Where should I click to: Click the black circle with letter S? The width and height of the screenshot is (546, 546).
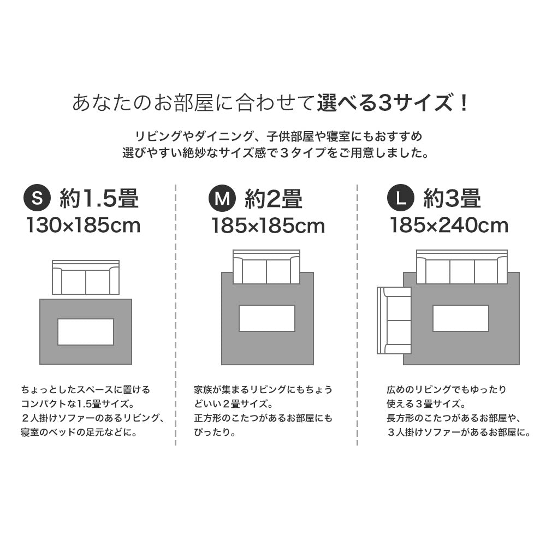37,198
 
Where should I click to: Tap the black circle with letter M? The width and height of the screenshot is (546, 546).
222,198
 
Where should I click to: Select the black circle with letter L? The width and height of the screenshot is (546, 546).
400,198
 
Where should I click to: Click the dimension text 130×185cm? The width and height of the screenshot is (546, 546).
84,225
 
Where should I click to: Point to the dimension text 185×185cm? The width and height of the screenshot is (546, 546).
268,225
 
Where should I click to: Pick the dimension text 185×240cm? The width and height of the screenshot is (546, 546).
449,225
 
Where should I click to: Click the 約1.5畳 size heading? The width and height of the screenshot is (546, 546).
99,198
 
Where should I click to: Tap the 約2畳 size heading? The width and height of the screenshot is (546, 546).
274,198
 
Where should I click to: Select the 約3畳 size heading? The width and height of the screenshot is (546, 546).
452,198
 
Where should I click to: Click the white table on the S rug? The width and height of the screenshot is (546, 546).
86,332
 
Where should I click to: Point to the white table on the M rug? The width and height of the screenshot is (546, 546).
267,318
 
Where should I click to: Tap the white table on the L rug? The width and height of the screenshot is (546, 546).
461,318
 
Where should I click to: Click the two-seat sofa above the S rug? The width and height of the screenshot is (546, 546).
86,277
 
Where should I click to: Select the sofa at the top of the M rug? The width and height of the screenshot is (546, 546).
266,267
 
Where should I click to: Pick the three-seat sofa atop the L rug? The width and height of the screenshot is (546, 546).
462,267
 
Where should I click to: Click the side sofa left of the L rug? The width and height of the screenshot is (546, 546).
394,321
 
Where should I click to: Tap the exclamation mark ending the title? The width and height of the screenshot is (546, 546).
464,103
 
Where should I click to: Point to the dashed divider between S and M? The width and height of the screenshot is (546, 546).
175,315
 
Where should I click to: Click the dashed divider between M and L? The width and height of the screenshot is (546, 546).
357,315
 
